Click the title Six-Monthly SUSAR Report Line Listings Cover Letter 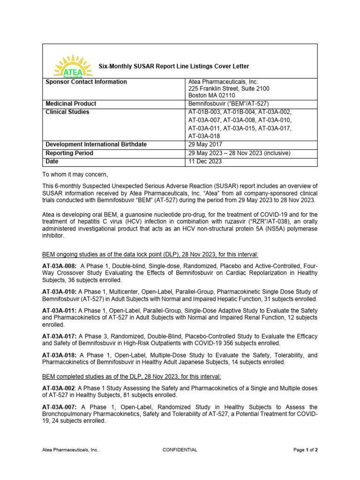(x=173, y=67)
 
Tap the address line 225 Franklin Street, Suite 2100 (x=229, y=89)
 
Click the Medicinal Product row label (x=71, y=104)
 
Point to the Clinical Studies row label (x=67, y=112)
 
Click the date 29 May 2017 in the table (x=205, y=144)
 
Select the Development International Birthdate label (x=96, y=144)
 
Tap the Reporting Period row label (x=69, y=153)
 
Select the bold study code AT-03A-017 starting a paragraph (x=60, y=337)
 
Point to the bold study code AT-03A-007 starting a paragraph (x=60, y=407)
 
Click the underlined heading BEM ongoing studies (x=150, y=254)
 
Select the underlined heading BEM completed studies (x=132, y=376)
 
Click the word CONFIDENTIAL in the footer (x=180, y=450)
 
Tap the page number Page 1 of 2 (x=306, y=450)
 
